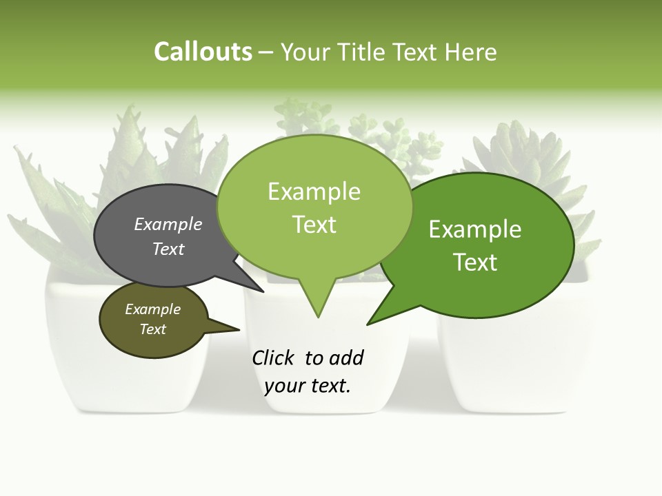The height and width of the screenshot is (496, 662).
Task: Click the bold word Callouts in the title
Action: tap(203, 52)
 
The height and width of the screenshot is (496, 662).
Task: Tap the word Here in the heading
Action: tap(470, 52)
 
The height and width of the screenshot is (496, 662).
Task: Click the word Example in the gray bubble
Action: tap(168, 225)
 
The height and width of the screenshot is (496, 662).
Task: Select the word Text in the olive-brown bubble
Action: tap(153, 329)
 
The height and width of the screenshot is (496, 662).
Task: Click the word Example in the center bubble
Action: tap(314, 192)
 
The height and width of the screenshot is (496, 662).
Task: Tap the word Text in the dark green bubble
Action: tap(475, 262)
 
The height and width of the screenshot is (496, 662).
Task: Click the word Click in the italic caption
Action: tap(274, 358)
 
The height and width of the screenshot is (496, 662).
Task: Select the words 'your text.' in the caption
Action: tap(308, 386)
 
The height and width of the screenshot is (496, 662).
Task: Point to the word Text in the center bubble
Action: tap(314, 225)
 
